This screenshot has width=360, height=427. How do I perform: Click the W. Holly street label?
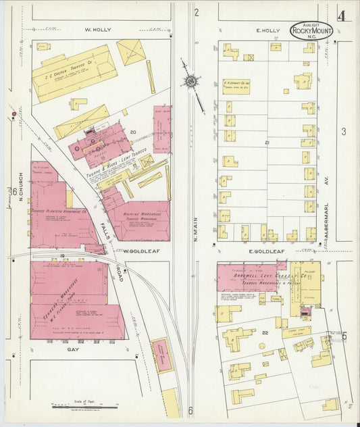[x=98, y=30]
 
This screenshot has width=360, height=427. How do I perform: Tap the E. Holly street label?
[x=267, y=30]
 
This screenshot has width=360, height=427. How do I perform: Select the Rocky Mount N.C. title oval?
[x=311, y=30]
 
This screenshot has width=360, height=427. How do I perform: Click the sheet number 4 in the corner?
[x=342, y=16]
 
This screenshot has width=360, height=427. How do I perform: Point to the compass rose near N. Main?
[x=190, y=82]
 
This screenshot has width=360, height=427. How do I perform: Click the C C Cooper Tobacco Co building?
[x=74, y=73]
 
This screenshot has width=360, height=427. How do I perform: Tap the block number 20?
[x=133, y=132]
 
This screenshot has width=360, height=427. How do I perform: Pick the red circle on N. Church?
[x=14, y=115]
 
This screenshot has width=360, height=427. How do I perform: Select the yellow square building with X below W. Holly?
[x=131, y=51]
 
